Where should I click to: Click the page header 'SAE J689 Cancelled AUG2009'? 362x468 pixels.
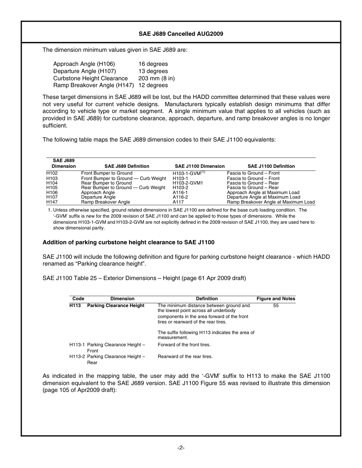[181, 34]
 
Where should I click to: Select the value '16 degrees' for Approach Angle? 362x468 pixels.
[153, 64]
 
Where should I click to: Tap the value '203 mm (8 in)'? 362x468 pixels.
[156, 78]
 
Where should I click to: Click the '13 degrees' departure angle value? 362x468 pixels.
[153, 71]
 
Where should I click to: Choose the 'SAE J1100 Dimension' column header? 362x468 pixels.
[200, 166]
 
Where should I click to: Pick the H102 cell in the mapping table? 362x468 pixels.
[52, 174]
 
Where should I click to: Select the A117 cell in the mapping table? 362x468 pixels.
[178, 202]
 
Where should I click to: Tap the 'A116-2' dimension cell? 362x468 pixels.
[180, 197]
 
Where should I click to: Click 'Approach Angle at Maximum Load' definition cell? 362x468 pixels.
[263, 193]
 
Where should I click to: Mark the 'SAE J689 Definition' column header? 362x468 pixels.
[127, 166]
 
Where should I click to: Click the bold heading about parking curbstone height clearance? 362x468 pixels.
[128, 242]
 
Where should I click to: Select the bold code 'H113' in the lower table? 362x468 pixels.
[75, 306]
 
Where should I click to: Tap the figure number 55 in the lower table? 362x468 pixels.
[276, 306]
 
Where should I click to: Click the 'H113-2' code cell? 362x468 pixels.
[77, 357]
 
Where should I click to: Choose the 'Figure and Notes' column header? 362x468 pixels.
[276, 299]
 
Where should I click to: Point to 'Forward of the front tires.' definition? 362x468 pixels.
[184, 345]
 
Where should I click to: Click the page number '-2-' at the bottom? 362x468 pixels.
[181, 448]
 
